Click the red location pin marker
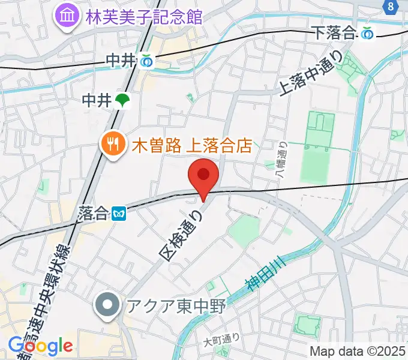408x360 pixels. pyautogui.click(x=203, y=176)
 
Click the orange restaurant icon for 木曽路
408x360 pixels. pyautogui.click(x=112, y=144)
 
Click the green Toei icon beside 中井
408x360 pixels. pyautogui.click(x=123, y=100)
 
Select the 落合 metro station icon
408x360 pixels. pyautogui.click(x=119, y=212)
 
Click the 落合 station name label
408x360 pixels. pyautogui.click(x=92, y=212)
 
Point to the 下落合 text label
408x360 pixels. pyautogui.click(x=335, y=34)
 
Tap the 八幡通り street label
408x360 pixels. pyautogui.click(x=282, y=160)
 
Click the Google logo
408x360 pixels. pyautogui.click(x=40, y=346)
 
